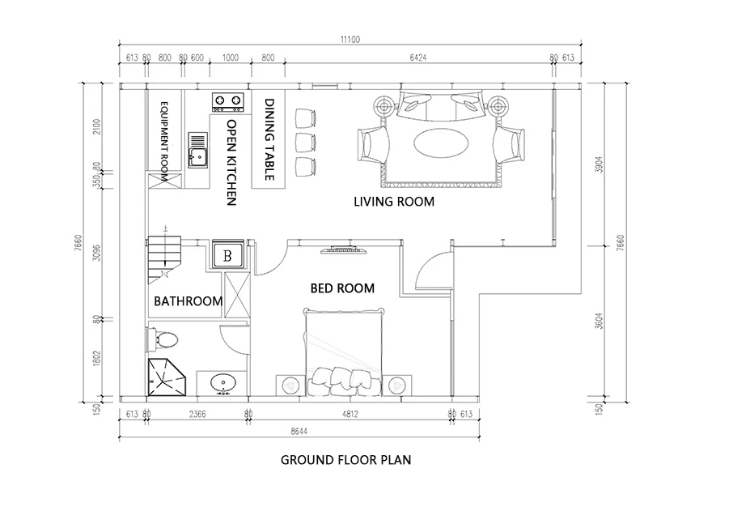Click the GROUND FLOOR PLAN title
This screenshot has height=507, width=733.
coord(345,461)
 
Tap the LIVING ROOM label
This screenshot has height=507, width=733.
coord(394,202)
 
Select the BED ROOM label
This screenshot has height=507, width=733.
coord(343,288)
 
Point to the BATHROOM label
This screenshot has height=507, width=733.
coord(188,301)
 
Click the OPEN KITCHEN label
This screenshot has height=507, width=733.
coord(231,162)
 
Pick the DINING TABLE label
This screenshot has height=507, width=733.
coord(269,139)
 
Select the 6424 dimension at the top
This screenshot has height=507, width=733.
coord(417,58)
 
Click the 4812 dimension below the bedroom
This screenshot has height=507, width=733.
coord(350,415)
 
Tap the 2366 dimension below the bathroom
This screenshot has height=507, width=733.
coord(197,415)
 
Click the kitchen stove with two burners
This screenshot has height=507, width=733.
coord(227,101)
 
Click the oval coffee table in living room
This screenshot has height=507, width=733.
coord(440,143)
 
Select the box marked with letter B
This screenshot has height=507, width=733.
coord(228,255)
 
